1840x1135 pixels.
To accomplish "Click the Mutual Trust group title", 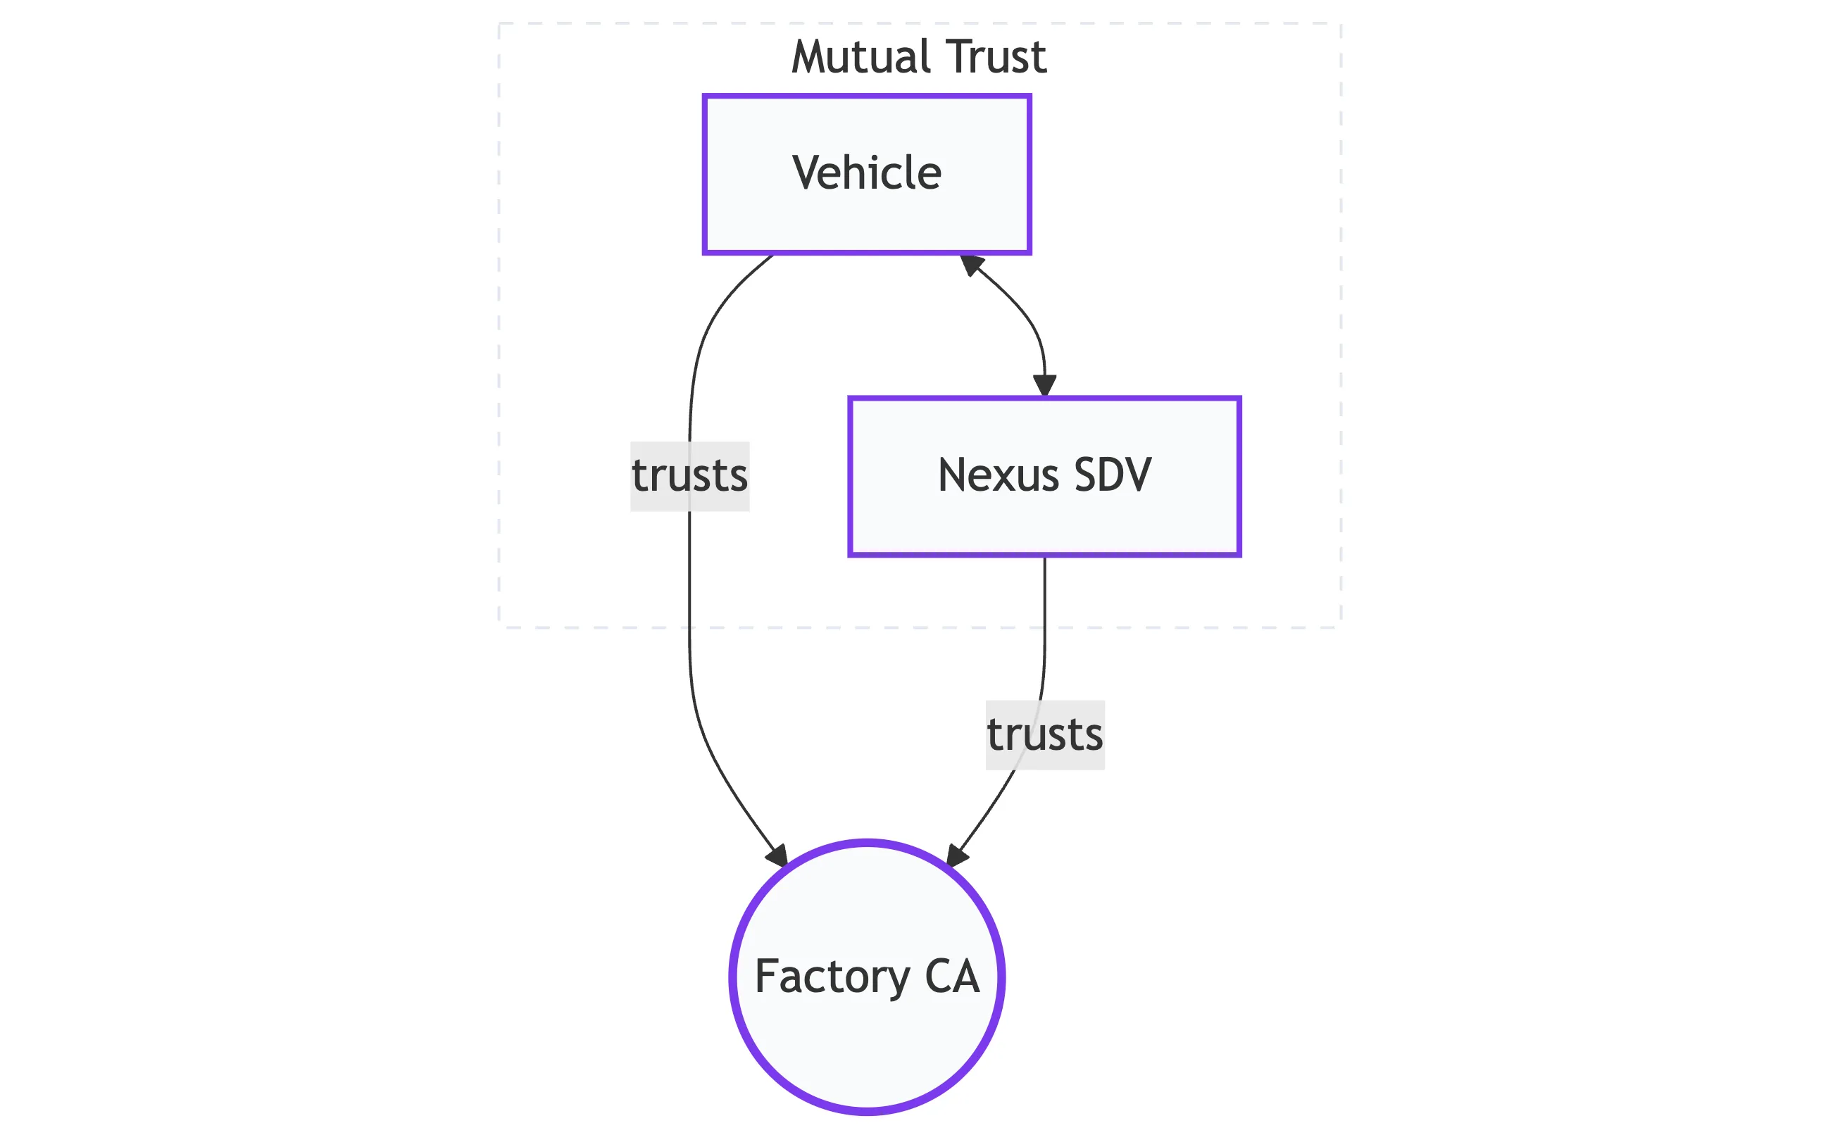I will click(x=918, y=57).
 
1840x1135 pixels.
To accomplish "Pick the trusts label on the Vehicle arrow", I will click(x=689, y=476).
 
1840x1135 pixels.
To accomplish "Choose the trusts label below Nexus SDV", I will click(x=1044, y=735).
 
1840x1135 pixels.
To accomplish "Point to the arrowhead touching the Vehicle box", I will click(x=970, y=264).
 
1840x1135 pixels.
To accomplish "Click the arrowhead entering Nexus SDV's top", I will click(x=1044, y=385).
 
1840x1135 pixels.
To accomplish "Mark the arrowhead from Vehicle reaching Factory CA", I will click(x=777, y=856).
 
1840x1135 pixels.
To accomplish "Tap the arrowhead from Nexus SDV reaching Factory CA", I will click(x=956, y=856).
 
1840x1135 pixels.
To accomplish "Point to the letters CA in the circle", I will click(x=952, y=977).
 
